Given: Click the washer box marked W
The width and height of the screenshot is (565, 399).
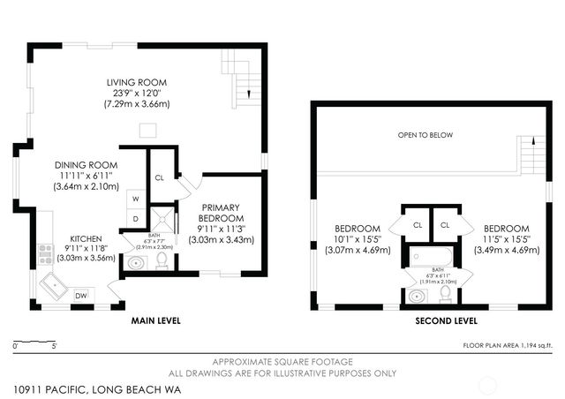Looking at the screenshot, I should click(136, 199).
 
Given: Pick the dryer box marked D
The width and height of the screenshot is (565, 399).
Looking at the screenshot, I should click(136, 218).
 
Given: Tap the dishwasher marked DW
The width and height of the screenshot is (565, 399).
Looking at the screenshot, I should click(80, 295).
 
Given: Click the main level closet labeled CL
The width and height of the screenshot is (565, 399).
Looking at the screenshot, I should click(160, 177).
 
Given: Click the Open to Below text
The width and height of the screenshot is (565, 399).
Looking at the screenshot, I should click(425, 135).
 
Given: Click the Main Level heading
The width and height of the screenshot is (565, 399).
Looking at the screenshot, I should click(155, 320).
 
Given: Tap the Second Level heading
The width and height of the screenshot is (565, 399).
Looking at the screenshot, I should click(446, 321).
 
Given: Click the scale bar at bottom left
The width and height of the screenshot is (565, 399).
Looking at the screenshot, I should click(35, 341).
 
